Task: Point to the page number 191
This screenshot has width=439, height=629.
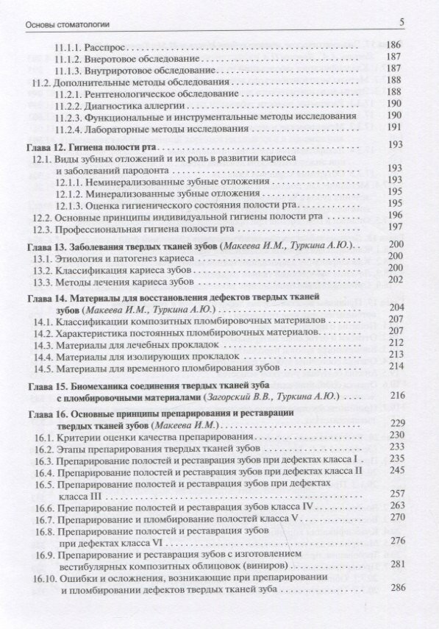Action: [x=395, y=127]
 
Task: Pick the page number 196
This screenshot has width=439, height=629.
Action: [x=395, y=215]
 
